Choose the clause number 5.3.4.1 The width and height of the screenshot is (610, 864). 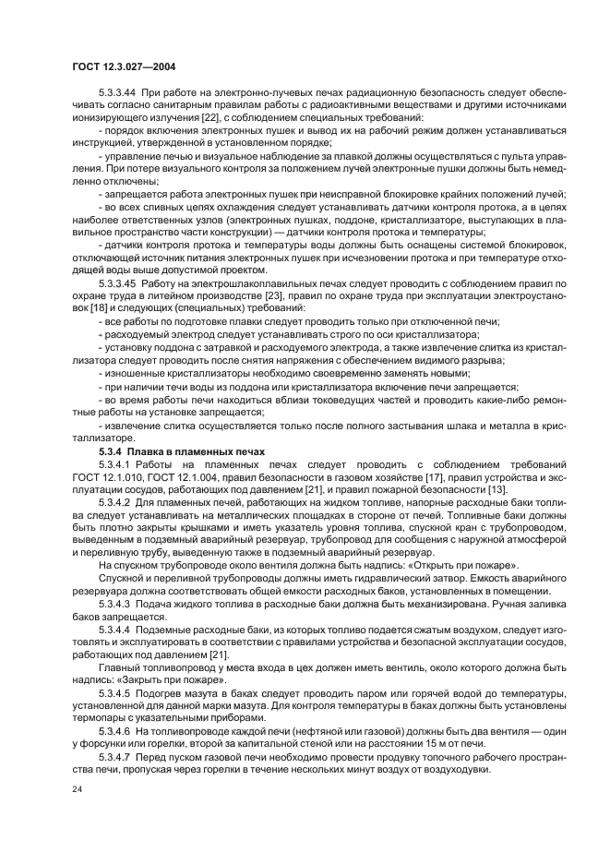pyautogui.click(x=115, y=462)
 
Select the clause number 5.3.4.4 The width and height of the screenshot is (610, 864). pyautogui.click(x=115, y=627)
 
